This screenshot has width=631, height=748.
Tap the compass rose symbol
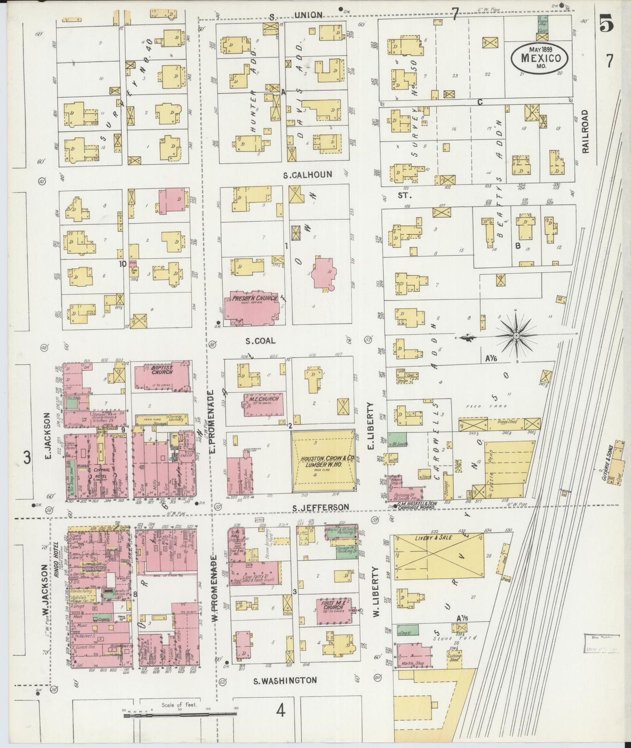516,335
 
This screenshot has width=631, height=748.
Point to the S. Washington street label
286,680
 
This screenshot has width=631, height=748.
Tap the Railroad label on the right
585,131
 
